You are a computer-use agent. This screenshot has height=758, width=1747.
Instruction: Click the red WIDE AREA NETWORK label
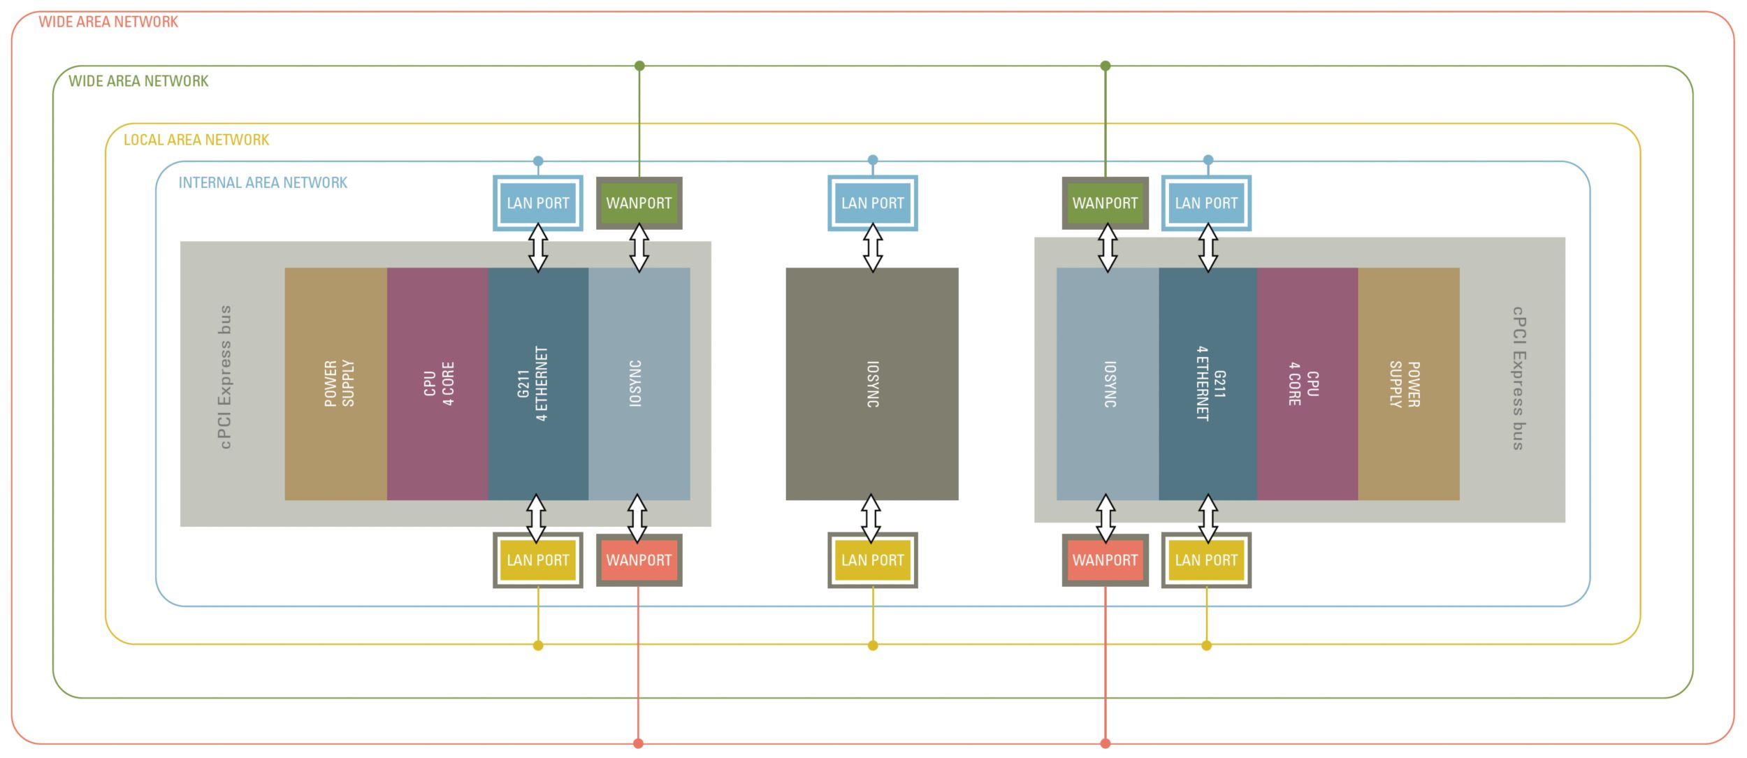point(108,22)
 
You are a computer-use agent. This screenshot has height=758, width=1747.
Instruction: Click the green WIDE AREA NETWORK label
point(138,81)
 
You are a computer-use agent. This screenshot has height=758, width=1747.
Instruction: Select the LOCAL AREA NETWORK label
point(196,140)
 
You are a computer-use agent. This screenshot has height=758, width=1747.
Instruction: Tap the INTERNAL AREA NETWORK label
point(263,183)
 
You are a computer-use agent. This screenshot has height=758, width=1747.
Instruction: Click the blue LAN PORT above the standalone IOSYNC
point(872,203)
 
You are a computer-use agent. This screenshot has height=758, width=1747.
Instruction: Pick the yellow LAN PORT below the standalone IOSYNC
point(872,560)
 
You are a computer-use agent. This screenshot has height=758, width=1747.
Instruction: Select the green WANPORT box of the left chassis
point(639,203)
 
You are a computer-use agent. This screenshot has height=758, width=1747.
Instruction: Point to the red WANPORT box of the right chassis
point(1105,560)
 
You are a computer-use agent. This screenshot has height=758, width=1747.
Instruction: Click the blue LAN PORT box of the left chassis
point(538,203)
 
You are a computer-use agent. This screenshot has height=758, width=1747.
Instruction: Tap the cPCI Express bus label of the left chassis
point(225,377)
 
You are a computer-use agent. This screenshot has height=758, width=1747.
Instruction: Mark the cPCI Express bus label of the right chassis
point(1518,378)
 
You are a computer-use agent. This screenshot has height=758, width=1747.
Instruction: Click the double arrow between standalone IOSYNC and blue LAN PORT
point(873,247)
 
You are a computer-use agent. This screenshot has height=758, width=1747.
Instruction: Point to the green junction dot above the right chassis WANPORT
point(1105,66)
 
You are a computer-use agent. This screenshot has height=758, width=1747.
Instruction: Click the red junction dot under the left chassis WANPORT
point(638,743)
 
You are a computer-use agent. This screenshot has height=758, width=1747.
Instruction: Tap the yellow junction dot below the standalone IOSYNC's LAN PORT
point(873,646)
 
